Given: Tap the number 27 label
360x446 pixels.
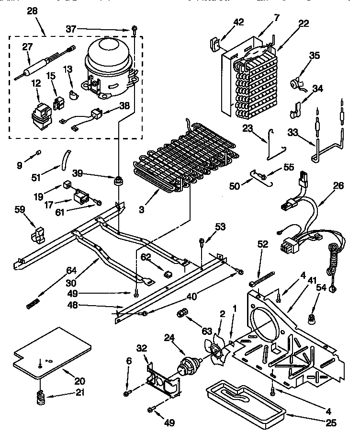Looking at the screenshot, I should tap(28, 47).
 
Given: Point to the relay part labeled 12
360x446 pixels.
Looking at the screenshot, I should tap(41, 114).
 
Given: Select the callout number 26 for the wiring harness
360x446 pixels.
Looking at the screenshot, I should tap(338, 185).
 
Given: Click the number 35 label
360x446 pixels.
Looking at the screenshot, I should tap(314, 55).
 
